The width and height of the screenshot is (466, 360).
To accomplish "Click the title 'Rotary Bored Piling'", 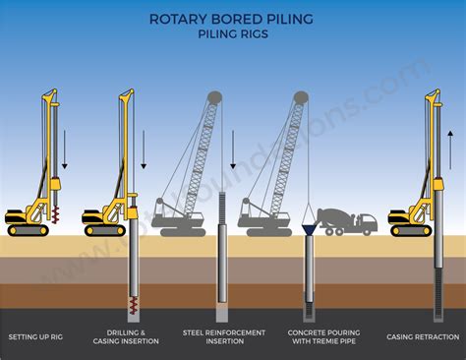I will (232, 18).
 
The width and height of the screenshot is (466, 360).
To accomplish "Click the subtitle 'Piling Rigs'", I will (232, 33).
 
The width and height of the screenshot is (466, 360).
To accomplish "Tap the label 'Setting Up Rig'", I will (36, 336).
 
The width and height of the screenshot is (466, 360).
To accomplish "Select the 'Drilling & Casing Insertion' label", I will (132, 336).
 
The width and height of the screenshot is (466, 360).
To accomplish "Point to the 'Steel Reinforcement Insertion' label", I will (224, 336).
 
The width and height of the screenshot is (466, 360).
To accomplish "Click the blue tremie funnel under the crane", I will (309, 225).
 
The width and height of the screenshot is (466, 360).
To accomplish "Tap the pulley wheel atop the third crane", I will (214, 98).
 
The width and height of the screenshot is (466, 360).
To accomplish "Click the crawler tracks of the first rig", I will (28, 230).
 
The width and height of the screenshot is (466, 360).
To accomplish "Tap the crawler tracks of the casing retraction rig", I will (411, 230).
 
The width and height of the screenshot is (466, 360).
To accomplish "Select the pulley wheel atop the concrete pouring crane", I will (300, 98).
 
